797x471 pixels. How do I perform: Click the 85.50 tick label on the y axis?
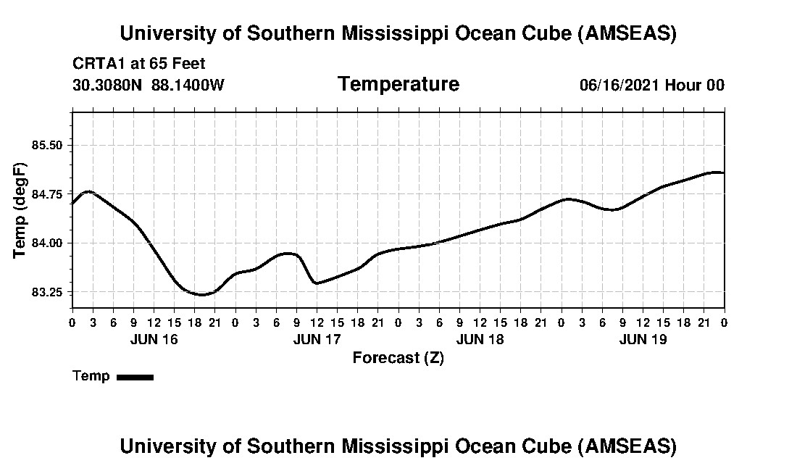[47, 145]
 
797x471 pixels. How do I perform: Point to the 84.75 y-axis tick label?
[47, 194]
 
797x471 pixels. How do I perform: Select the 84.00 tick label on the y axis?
[47, 243]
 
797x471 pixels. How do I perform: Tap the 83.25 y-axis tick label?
[47, 292]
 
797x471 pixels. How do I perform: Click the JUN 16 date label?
[154, 339]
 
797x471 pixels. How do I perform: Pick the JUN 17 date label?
[317, 339]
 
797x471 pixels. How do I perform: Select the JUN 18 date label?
[480, 339]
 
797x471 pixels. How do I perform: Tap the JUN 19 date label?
[643, 339]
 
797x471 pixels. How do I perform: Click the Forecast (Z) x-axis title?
[398, 358]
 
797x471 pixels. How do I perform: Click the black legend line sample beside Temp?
[135, 377]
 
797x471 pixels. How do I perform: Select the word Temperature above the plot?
[398, 84]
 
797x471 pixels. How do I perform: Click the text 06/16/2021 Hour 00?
[651, 85]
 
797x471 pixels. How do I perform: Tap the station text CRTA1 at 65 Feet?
[139, 64]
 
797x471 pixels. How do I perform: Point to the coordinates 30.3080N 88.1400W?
[149, 85]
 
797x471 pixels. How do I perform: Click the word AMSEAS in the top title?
[627, 33]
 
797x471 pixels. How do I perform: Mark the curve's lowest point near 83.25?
[202, 295]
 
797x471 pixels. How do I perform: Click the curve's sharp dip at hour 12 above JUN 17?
[317, 283]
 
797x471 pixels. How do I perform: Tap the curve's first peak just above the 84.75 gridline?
[88, 191]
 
